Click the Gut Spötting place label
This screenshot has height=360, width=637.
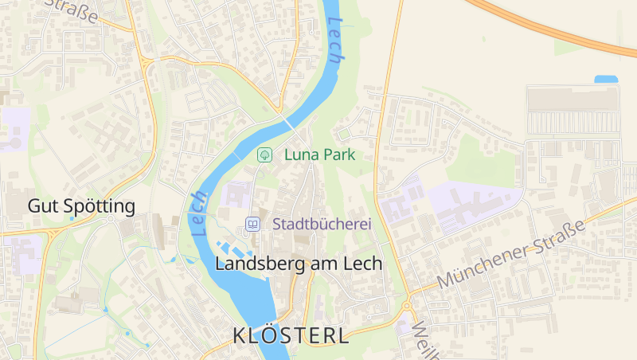click(81, 206)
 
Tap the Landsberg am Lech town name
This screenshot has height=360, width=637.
click(299, 264)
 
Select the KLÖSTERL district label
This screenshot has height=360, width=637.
click(291, 335)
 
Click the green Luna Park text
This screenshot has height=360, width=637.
click(319, 155)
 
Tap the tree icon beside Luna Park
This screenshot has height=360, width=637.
click(264, 155)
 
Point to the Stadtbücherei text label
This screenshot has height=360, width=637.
click(322, 225)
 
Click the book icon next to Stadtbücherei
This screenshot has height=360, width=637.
click(252, 225)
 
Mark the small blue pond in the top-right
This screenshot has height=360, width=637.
click(606, 80)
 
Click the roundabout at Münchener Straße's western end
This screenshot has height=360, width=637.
click(407, 305)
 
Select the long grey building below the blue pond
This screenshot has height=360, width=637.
click(573, 98)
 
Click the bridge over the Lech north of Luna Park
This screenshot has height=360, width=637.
click(287, 121)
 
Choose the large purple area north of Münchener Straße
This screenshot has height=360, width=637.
click(474, 205)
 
